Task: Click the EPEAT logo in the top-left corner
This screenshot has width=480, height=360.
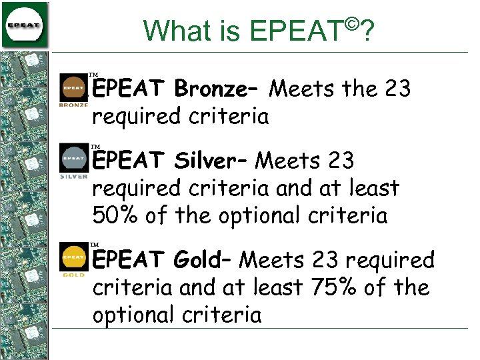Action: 25,24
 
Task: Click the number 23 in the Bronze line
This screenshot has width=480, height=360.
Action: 397,88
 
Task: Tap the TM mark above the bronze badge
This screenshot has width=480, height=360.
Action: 94,75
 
